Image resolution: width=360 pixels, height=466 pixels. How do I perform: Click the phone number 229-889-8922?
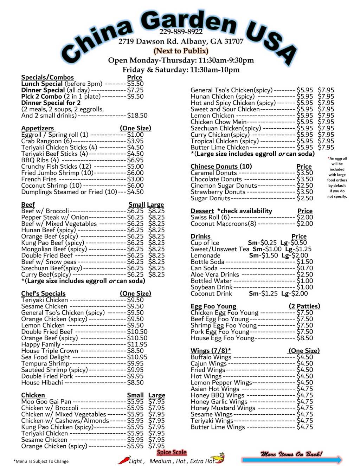pyautogui.click(x=181, y=32)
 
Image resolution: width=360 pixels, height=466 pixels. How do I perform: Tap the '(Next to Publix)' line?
pyautogui.click(x=181, y=51)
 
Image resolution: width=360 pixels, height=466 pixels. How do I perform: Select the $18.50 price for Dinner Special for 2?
pyautogui.click(x=137, y=115)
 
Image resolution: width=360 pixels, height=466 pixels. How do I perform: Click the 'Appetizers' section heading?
pyautogui.click(x=38, y=128)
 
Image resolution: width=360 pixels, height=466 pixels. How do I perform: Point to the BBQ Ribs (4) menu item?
pyautogui.click(x=40, y=160)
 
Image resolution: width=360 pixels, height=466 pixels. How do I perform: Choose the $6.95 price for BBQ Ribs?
pyautogui.click(x=135, y=160)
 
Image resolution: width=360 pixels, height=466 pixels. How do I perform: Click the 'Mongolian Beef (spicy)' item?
pyautogui.click(x=54, y=249)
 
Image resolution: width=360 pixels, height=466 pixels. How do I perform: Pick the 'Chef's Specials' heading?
pyautogui.click(x=43, y=293)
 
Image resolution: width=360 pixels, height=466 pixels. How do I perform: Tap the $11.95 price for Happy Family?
pyautogui.click(x=137, y=344)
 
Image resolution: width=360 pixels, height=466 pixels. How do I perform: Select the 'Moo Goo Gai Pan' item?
pyautogui.click(x=46, y=401)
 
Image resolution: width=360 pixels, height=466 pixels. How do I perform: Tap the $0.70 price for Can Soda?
pyautogui.click(x=304, y=268)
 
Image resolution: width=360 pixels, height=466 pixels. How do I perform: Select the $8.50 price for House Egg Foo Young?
pyautogui.click(x=304, y=338)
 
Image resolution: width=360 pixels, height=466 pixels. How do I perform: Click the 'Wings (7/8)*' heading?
pyautogui.click(x=211, y=351)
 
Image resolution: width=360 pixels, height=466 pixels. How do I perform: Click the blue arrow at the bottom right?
pyautogui.click(x=292, y=460)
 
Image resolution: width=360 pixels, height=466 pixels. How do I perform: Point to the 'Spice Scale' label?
pyautogui.click(x=172, y=453)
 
